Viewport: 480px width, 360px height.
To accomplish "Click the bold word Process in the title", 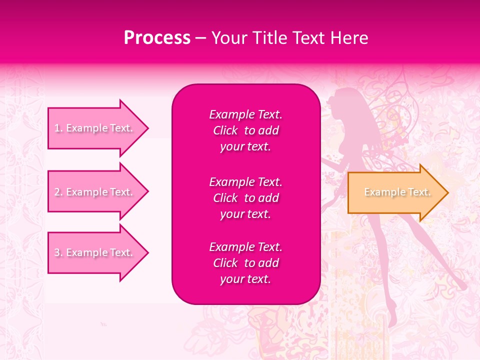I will pyautogui.click(x=157, y=38).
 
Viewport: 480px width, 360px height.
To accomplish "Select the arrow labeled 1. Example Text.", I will pyautogui.click(x=95, y=128).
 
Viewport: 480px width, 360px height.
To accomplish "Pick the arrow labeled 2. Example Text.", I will pyautogui.click(x=95, y=192).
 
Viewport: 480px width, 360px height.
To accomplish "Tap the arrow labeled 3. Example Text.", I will pyautogui.click(x=95, y=252).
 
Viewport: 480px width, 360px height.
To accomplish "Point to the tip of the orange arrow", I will pyautogui.click(x=447, y=192).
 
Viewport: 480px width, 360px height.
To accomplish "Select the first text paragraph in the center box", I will pyautogui.click(x=245, y=130).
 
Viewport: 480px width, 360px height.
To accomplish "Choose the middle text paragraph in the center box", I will pyautogui.click(x=245, y=197).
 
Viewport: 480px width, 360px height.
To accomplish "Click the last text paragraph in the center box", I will pyautogui.click(x=245, y=263).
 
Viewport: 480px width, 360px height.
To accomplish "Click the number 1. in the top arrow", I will pyautogui.click(x=58, y=128).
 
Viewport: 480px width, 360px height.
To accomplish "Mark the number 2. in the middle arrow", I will pyautogui.click(x=58, y=192).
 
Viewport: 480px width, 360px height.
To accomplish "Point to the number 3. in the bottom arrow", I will pyautogui.click(x=58, y=252).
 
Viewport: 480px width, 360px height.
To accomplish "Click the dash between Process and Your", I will pyautogui.click(x=200, y=38).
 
